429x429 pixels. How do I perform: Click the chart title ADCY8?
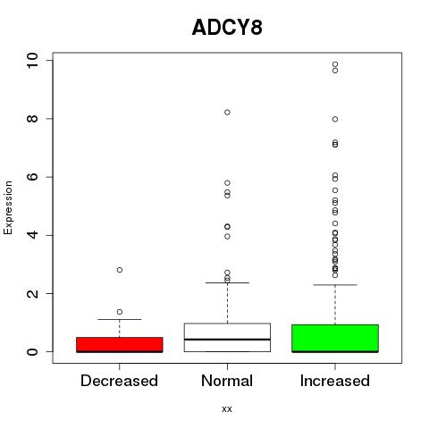point(227,28)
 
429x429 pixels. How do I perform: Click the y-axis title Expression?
point(8,207)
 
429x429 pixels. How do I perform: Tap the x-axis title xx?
point(227,408)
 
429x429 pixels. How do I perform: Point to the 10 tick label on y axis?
point(32,61)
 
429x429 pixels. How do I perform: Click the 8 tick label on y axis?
point(32,119)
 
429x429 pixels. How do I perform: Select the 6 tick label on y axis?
point(32,177)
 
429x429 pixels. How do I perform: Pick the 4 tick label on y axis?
point(32,235)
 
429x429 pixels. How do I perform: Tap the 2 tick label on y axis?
point(32,293)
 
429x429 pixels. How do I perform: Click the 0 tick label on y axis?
point(32,351)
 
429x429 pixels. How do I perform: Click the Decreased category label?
point(119,381)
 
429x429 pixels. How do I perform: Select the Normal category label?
point(227,381)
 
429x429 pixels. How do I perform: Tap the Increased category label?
point(335,381)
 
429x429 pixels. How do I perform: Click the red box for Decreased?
point(120,345)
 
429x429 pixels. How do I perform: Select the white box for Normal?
point(227,338)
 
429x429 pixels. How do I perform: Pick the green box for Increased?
point(335,339)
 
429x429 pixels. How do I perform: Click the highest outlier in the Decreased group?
point(120,270)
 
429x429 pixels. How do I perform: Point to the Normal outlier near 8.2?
point(227,113)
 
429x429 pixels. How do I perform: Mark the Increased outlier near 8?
point(335,119)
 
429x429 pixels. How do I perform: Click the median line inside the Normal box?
point(227,340)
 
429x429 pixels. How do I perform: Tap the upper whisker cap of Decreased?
point(120,319)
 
